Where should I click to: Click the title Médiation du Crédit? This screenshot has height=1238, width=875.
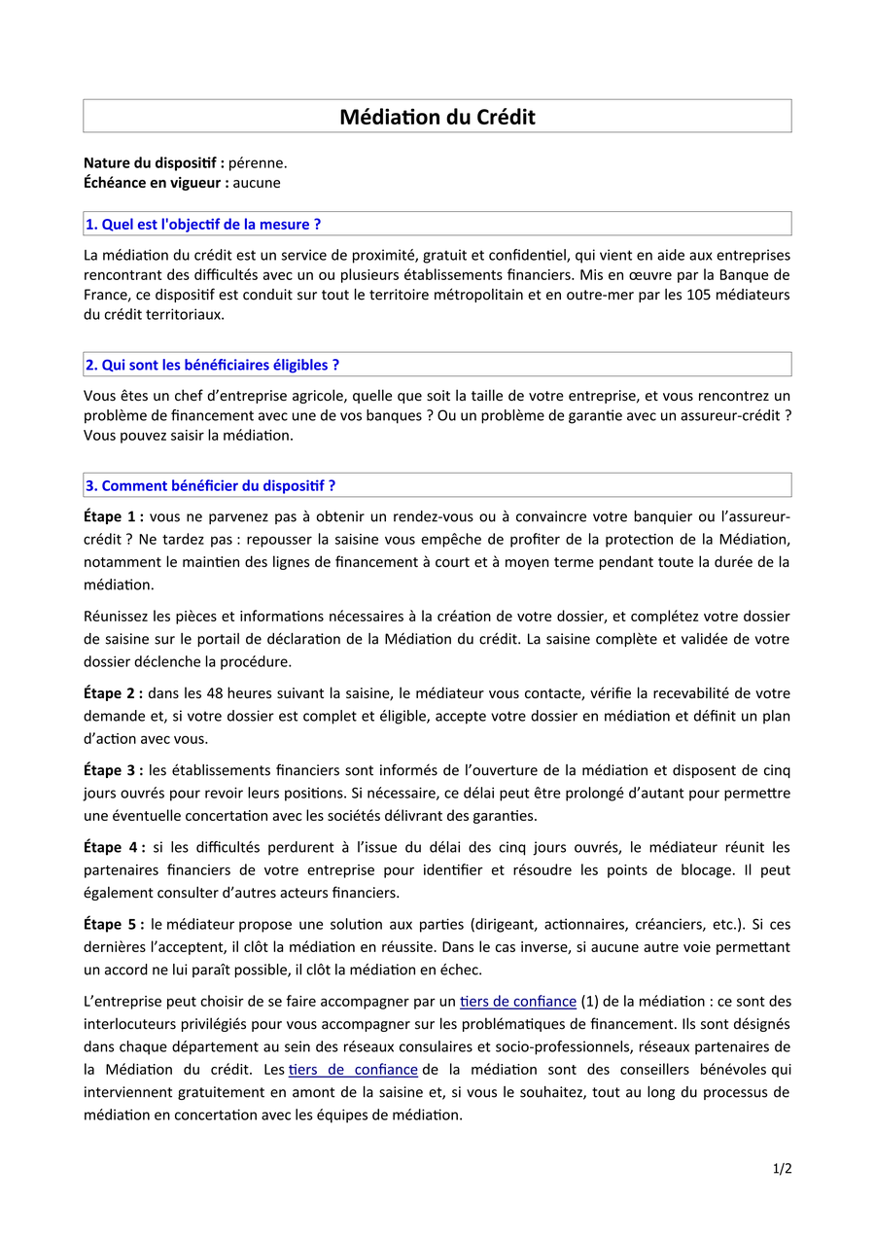pos(437,117)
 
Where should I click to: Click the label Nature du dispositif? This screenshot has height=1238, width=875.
pos(154,162)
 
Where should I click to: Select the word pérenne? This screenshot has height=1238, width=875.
pos(258,162)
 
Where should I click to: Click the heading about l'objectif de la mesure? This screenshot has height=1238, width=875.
pos(203,224)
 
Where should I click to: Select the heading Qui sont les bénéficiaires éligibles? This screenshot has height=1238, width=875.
pos(212,365)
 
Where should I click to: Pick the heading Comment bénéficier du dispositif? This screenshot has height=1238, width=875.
pos(210,485)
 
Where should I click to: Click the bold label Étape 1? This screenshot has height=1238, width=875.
pos(113,515)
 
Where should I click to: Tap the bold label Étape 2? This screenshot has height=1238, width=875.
pos(113,693)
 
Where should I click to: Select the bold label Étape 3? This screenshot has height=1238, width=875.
pos(113,770)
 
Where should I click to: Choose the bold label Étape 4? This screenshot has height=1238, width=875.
pos(114,847)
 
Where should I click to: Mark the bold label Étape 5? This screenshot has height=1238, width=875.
pos(113,923)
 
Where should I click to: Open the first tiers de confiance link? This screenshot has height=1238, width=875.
pos(517,1001)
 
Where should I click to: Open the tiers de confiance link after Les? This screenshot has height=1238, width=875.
pos(353,1070)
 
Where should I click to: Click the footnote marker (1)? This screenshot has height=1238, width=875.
pos(589,1001)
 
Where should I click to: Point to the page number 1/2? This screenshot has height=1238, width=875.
pos(783,1169)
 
